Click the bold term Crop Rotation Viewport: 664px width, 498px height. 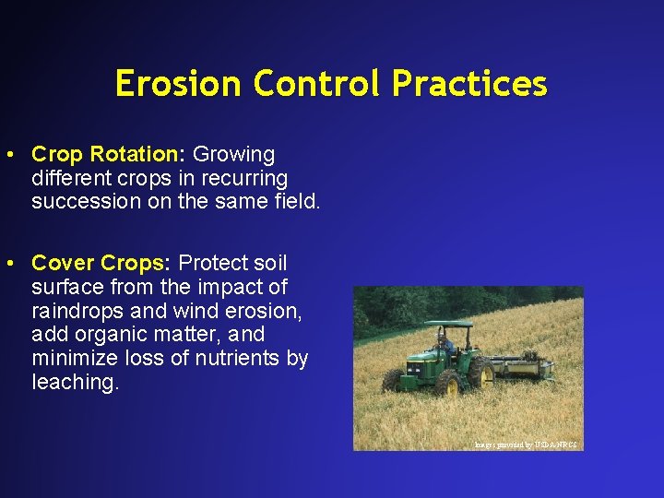107,154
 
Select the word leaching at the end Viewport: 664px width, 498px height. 75,382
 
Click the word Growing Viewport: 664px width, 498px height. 233,154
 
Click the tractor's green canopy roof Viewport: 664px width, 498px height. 443,325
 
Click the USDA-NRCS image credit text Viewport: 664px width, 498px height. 526,445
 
